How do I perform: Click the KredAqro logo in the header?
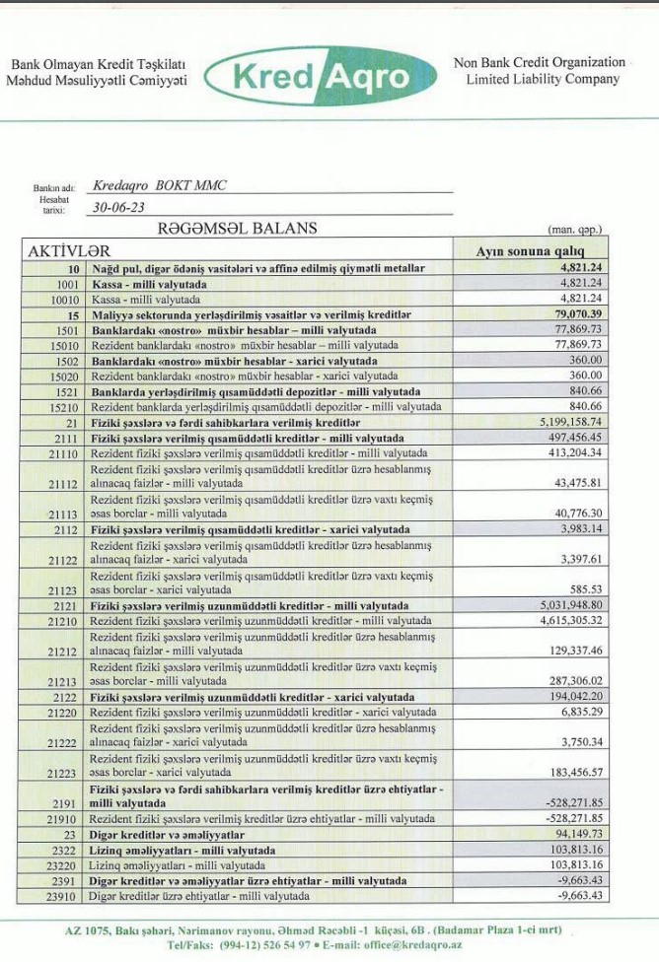click(322, 76)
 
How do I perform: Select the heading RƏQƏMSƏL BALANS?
click(237, 229)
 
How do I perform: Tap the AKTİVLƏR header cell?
click(66, 250)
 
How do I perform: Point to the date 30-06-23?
click(115, 208)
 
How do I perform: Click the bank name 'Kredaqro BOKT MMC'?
click(159, 185)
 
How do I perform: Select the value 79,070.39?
click(573, 313)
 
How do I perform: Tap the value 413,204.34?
click(569, 452)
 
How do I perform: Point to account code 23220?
click(64, 864)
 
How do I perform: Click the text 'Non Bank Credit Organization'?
click(540, 62)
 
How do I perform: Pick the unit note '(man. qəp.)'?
click(574, 230)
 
